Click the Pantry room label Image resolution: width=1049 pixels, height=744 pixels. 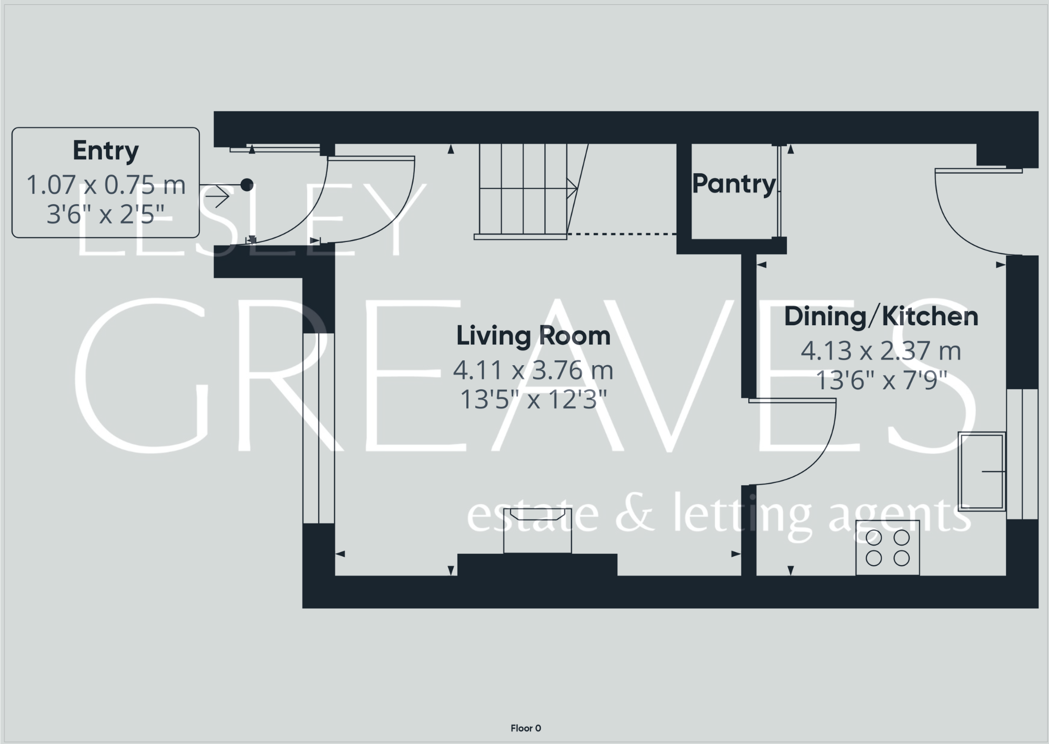pos(734,184)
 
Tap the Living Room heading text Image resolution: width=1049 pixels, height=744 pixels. pos(533,336)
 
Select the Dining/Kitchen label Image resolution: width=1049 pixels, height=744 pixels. pos(881,316)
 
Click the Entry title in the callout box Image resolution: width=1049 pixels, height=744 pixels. pos(106,151)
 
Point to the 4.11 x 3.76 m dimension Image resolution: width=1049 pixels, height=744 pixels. pos(533,370)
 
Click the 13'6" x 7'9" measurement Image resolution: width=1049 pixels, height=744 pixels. pos(881,380)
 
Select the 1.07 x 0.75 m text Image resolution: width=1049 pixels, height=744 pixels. pos(106,185)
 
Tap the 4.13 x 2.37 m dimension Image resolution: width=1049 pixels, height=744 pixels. pos(881,351)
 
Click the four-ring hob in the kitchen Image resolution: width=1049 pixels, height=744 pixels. pos(888,547)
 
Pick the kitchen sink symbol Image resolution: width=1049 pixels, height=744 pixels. pos(982,471)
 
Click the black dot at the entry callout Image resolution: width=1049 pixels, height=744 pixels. pos(247,185)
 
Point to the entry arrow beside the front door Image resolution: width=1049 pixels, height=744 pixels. pos(218,197)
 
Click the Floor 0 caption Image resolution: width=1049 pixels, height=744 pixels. pos(525,728)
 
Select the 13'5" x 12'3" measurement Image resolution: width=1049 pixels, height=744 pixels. pos(533,400)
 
